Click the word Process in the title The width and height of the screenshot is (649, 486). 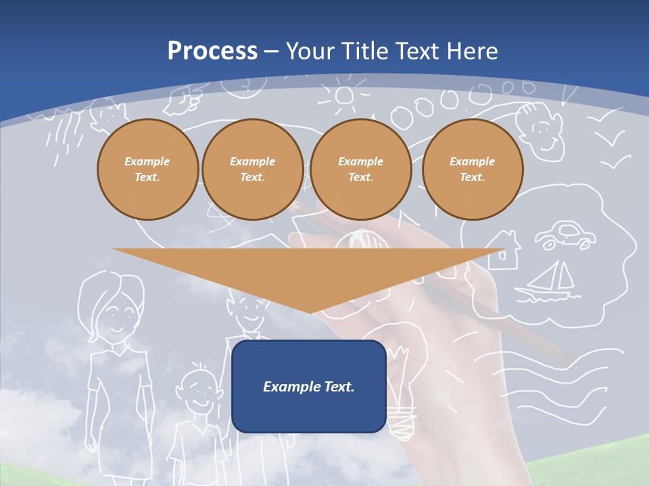[x=212, y=51]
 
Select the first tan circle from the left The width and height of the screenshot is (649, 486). [x=147, y=169]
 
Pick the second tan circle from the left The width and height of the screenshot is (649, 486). [x=252, y=169]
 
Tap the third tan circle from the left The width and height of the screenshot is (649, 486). [x=360, y=169]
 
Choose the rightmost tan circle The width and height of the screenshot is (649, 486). [x=472, y=169]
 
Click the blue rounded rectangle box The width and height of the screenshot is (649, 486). [x=309, y=386]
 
